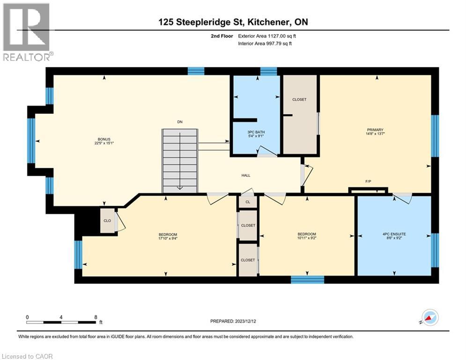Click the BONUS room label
point(102,139)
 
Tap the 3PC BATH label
point(256,132)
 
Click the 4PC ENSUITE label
point(393,234)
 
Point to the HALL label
point(246,175)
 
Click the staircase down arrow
point(180,187)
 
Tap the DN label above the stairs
point(179,122)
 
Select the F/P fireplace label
point(368,180)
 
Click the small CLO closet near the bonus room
point(107,221)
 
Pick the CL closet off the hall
point(248,202)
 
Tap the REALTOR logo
point(27,32)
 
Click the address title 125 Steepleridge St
point(232,22)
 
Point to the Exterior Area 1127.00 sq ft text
point(267,35)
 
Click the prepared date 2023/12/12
point(233,321)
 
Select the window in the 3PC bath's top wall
point(268,71)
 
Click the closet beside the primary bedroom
point(300,114)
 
